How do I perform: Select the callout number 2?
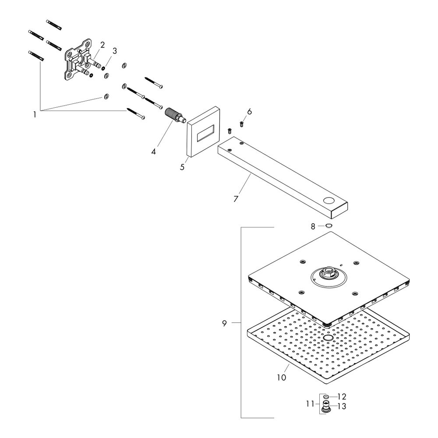(x=102, y=45)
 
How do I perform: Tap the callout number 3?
(x=115, y=51)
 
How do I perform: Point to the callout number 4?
(x=154, y=152)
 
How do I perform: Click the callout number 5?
(x=182, y=167)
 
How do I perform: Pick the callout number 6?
(x=249, y=112)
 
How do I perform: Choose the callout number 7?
(x=236, y=198)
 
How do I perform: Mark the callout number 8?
(x=313, y=226)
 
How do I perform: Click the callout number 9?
(x=224, y=323)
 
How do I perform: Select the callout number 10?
(x=281, y=377)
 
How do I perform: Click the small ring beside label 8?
(x=328, y=226)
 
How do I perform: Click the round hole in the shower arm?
(x=329, y=202)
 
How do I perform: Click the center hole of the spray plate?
(x=328, y=339)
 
